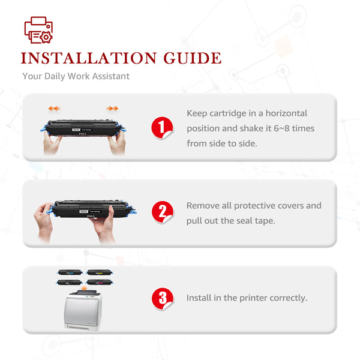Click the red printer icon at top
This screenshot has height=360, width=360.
tap(38, 30)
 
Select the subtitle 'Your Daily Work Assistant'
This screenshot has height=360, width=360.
tap(76, 76)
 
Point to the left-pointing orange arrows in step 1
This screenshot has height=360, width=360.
tap(54, 109)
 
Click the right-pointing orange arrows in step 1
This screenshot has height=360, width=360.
tap(112, 109)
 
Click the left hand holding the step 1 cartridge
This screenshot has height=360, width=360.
tap(52, 142)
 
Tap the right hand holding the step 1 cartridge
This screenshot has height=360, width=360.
tap(118, 142)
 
